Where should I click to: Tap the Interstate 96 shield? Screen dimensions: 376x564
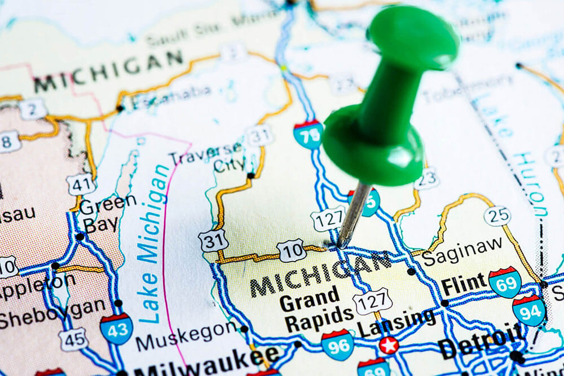coord(337,345)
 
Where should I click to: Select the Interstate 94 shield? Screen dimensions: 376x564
coord(529,310)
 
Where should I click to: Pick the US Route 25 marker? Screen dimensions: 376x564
coord(497,215)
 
